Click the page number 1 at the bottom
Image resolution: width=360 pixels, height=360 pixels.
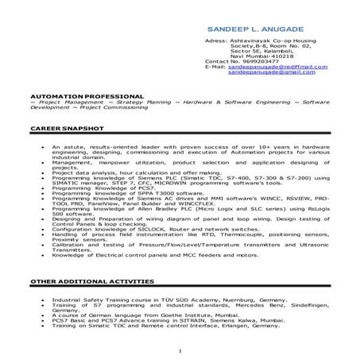(x=180, y=349)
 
